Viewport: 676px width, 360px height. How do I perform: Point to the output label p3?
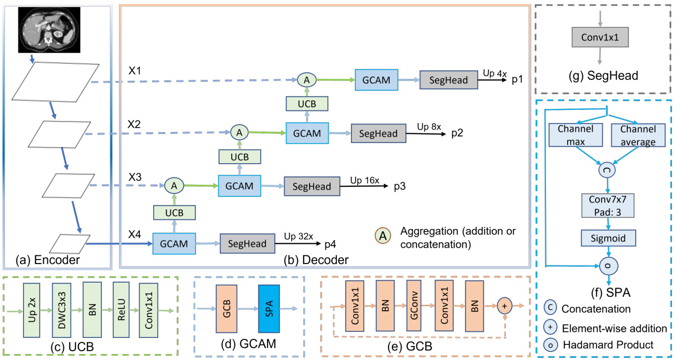tap(399, 186)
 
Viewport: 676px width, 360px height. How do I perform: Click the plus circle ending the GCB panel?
tap(505, 305)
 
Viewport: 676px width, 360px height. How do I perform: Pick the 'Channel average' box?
tap(638, 136)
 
